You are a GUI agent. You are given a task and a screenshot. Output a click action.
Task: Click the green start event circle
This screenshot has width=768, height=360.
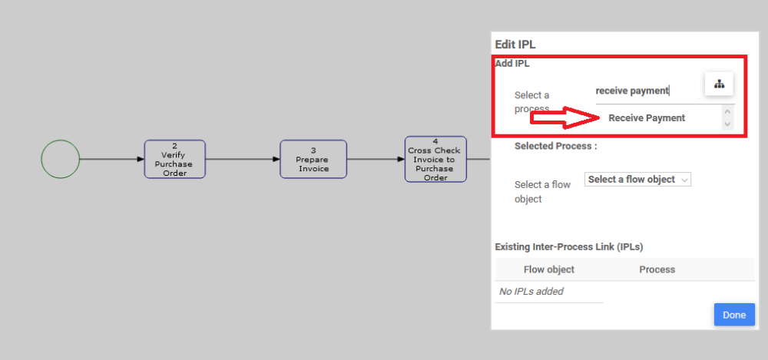pyautogui.click(x=60, y=159)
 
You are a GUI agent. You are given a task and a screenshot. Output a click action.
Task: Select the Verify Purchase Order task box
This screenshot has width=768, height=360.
pyautogui.click(x=175, y=159)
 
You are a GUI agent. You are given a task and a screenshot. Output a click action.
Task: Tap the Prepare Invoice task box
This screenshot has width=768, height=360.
pyautogui.click(x=313, y=159)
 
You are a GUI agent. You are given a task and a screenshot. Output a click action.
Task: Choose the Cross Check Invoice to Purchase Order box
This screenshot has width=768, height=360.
pyautogui.click(x=435, y=159)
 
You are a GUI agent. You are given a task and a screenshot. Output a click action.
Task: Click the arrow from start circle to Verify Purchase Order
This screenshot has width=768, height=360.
pyautogui.click(x=111, y=159)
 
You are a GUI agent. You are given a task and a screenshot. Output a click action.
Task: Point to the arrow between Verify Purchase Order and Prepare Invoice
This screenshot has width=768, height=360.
pyautogui.click(x=243, y=159)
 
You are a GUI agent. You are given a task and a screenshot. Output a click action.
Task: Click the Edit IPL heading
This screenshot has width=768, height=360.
pyautogui.click(x=520, y=45)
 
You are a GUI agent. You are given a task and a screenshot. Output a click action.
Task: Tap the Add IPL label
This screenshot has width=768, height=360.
pyautogui.click(x=512, y=64)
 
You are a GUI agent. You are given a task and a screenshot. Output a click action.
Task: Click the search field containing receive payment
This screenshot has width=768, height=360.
pyautogui.click(x=645, y=91)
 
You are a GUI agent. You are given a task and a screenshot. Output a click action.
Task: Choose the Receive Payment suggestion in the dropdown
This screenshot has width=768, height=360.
pyautogui.click(x=647, y=118)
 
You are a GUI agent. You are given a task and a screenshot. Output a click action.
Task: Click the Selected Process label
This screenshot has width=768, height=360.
pyautogui.click(x=555, y=146)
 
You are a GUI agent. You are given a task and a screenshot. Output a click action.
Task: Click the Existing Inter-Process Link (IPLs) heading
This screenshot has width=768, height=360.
pyautogui.click(x=568, y=247)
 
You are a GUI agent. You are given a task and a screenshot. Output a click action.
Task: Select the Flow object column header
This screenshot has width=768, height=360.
pyautogui.click(x=548, y=269)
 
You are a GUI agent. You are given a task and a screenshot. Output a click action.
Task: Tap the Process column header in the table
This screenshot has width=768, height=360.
pyautogui.click(x=657, y=269)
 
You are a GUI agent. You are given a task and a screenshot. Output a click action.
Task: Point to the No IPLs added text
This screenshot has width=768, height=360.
pyautogui.click(x=531, y=292)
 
